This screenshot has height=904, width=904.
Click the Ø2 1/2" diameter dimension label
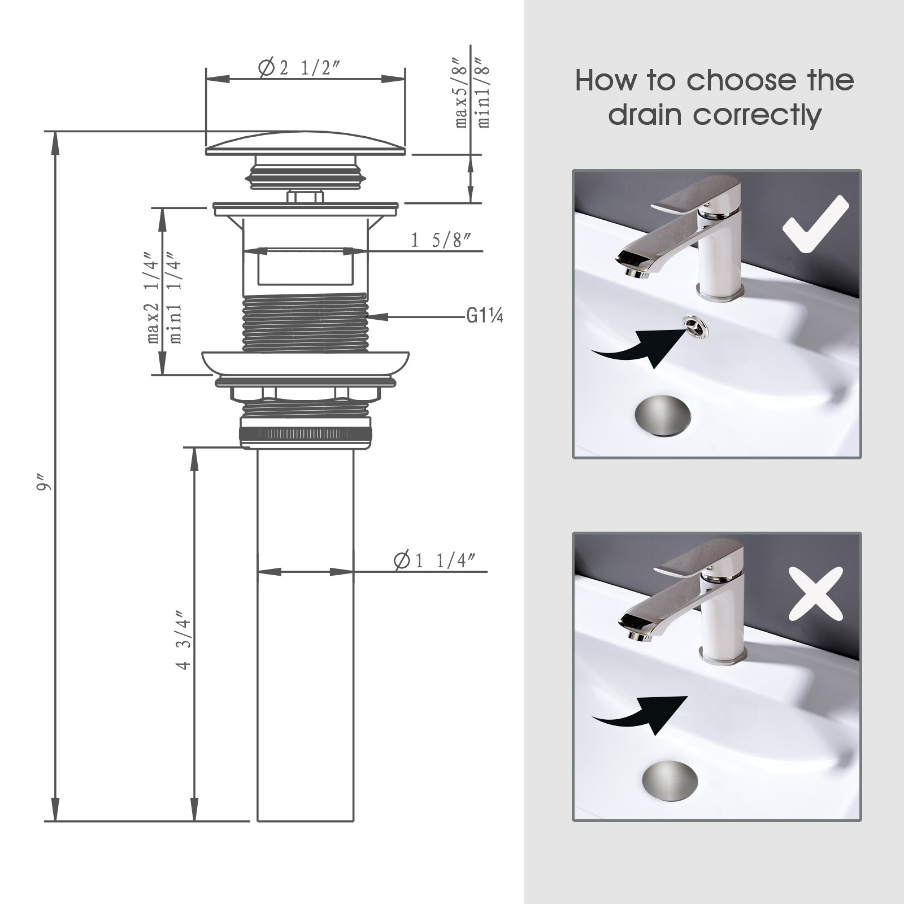pos(299,68)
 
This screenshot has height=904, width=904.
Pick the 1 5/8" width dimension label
pos(441,241)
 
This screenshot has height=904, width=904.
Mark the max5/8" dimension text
pos(462,93)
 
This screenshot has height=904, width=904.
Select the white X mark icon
pos(815,594)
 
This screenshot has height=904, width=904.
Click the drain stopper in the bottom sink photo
pos(670,782)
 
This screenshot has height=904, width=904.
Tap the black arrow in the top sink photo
pos(638,347)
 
